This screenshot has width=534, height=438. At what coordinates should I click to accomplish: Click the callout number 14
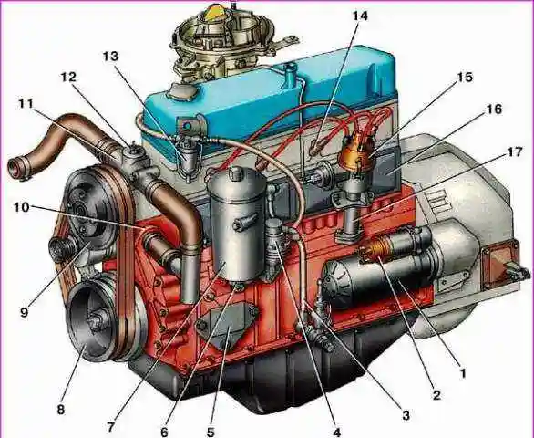360,16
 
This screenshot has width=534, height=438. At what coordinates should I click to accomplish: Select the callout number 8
61,409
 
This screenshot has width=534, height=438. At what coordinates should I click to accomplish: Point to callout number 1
462,373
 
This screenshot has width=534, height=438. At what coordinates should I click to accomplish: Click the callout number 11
26,103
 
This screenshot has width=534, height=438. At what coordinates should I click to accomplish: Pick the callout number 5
211,432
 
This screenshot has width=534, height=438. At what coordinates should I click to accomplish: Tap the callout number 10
22,207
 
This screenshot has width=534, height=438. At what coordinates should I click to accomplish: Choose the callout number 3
406,415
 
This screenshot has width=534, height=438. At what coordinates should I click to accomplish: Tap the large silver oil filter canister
238,225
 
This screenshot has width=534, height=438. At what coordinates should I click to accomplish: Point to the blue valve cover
272,99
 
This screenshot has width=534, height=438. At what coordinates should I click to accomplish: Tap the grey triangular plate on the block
227,324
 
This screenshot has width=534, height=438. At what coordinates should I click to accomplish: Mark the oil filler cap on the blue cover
184,91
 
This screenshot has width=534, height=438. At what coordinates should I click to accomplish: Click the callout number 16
494,109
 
